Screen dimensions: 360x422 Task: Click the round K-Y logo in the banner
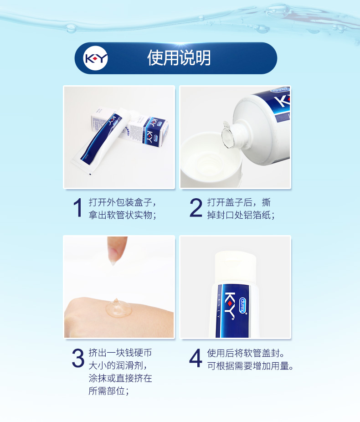(x=96, y=58)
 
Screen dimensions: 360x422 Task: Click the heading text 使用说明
(x=179, y=58)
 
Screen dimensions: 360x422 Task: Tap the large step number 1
(x=78, y=207)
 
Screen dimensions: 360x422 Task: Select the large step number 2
(x=195, y=207)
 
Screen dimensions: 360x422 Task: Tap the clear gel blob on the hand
(x=118, y=308)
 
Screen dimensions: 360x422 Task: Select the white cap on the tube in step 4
(x=235, y=267)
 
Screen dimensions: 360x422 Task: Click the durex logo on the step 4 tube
(x=243, y=305)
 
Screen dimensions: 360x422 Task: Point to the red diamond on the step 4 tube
(x=230, y=304)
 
